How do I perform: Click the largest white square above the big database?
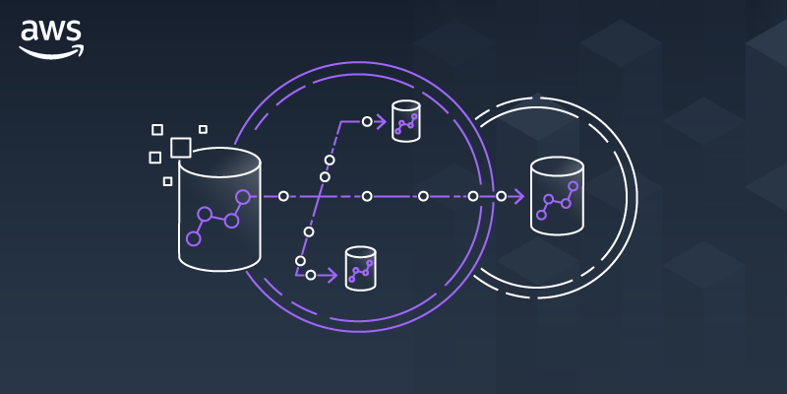tap(180, 148)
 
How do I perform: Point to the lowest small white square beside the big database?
tap(168, 181)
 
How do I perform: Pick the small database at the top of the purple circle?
tap(405, 121)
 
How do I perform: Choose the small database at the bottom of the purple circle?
tap(360, 267)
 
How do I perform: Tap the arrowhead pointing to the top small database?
tap(383, 122)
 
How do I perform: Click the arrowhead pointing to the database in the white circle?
tap(517, 196)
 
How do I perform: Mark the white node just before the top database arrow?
tap(367, 122)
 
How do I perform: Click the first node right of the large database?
tap(283, 196)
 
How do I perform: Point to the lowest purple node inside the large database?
tap(194, 238)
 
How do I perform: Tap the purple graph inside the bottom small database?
tap(360, 270)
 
